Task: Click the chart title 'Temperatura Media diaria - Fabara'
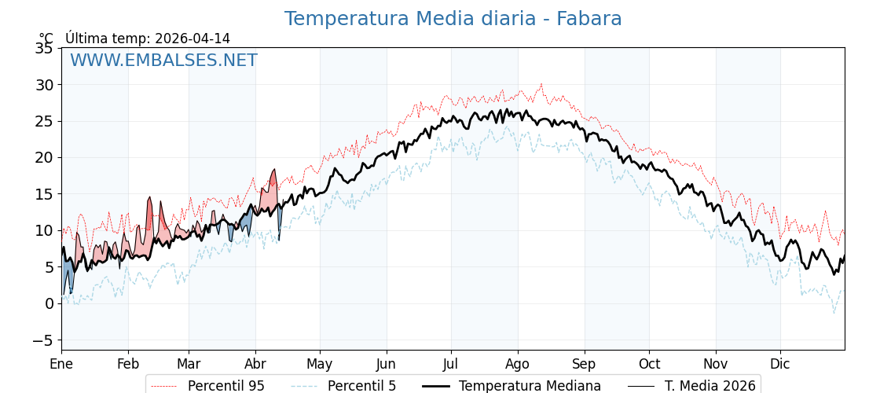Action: tap(453, 19)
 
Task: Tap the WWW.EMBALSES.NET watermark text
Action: tap(163, 61)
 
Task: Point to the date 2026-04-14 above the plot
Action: tap(192, 39)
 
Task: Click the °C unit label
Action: tap(46, 39)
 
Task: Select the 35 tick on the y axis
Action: tap(44, 48)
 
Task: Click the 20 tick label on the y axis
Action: tap(44, 157)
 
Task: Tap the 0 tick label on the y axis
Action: tap(49, 303)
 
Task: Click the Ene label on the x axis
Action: tap(61, 365)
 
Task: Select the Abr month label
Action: tap(255, 365)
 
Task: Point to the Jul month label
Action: tap(451, 365)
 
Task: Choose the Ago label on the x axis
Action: tap(518, 365)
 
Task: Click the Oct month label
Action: tap(649, 365)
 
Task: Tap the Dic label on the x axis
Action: tap(780, 365)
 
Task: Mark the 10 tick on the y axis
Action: tap(44, 230)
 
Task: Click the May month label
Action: tap(320, 365)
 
